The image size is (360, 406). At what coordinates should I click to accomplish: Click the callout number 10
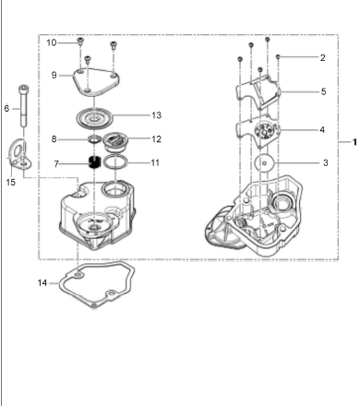[x=52, y=42]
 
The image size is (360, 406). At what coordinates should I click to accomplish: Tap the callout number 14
[x=42, y=282]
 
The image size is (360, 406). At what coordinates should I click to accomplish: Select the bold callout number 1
[x=354, y=142]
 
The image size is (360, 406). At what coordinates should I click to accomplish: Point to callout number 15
[x=10, y=182]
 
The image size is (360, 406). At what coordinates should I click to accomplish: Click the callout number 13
[x=156, y=115]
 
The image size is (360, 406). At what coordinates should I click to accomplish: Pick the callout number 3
[x=326, y=162]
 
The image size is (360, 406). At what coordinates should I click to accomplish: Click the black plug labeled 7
[x=95, y=161]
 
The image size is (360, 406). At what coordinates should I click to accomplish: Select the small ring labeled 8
[x=94, y=139]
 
